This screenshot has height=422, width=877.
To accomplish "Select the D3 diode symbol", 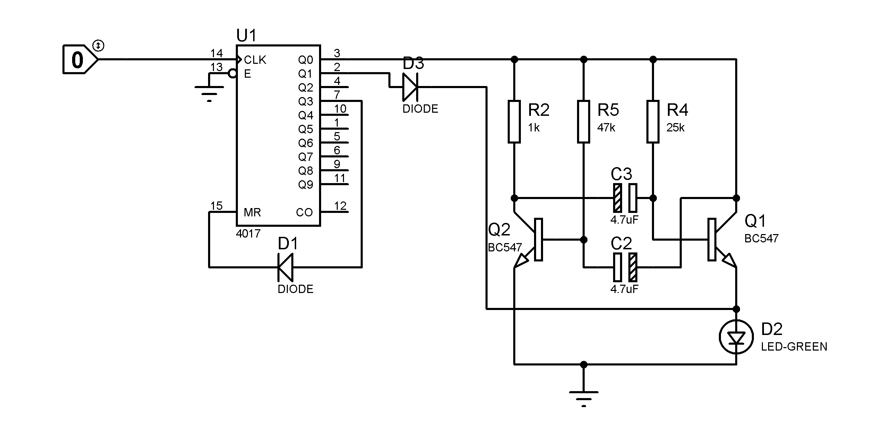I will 410,87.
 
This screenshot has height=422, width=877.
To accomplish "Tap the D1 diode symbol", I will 286,267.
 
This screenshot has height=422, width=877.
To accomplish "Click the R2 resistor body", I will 514,122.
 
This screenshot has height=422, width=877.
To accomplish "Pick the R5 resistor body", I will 584,122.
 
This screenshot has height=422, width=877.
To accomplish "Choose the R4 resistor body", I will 653,122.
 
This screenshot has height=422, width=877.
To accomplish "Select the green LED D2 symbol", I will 736,337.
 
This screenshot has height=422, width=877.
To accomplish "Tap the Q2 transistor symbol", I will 531,240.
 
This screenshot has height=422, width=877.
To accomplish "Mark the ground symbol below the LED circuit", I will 584,395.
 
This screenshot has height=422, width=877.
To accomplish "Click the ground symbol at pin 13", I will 209,92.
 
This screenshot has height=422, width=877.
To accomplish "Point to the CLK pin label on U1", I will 255,60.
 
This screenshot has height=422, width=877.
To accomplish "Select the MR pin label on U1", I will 252,212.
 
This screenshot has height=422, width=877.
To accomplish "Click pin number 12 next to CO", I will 340,206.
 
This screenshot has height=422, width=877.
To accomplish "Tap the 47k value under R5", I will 606,128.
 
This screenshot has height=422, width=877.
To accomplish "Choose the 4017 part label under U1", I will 248,234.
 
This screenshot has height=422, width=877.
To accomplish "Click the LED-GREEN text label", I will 794,346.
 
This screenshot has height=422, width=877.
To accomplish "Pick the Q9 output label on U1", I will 306,184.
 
